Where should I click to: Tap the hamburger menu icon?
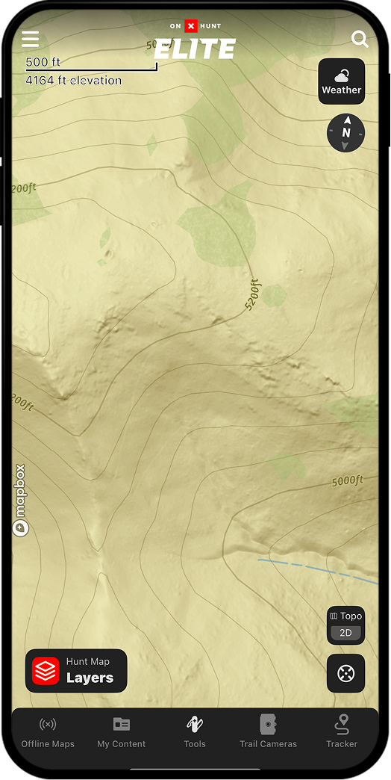[x=31, y=39]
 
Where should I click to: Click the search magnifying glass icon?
[x=360, y=39]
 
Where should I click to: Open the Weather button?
[x=342, y=81]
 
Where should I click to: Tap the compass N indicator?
[x=346, y=133]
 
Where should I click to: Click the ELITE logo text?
[x=195, y=49]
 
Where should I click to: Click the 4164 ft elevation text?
[x=74, y=80]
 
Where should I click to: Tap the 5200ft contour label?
[x=255, y=294]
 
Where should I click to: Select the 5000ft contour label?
[x=347, y=481]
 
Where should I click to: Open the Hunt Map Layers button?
[x=76, y=671]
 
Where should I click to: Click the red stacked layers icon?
[x=46, y=671]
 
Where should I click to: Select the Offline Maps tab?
[x=48, y=731]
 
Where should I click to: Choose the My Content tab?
[x=122, y=731]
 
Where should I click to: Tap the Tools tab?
[x=195, y=731]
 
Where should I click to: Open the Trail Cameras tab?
[x=268, y=731]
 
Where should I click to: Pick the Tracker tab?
[x=342, y=731]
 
